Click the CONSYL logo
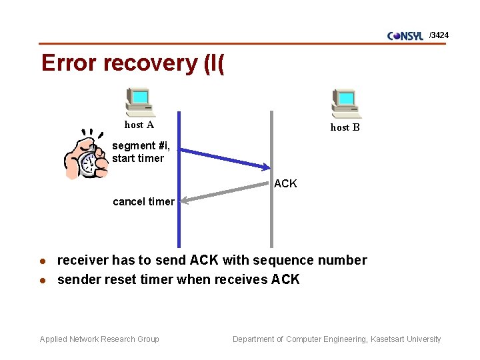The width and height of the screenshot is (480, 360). (405, 36)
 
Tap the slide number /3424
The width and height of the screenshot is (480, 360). (439, 35)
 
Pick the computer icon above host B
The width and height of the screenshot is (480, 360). (346, 104)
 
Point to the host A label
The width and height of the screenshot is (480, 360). (139, 125)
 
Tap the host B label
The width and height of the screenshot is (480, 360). (345, 127)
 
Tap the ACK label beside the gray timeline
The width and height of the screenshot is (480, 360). (285, 183)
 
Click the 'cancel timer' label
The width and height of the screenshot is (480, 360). (143, 201)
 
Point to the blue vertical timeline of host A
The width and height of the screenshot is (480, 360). (179, 220)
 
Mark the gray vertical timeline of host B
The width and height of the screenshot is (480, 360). (271, 220)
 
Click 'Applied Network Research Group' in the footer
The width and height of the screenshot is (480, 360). (99, 339)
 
